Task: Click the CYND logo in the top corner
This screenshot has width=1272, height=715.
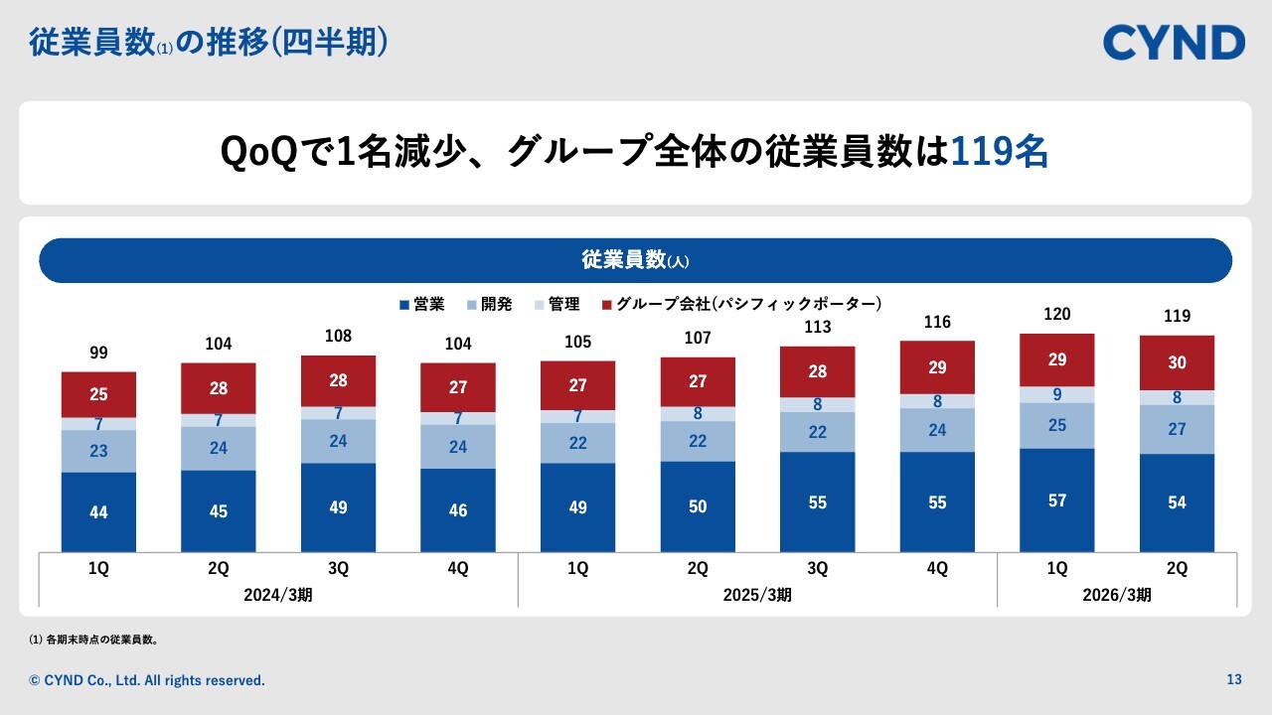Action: point(1174,43)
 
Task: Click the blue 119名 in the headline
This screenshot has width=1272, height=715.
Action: point(999,152)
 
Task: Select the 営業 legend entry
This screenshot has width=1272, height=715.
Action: point(421,304)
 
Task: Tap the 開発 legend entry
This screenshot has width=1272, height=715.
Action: point(488,304)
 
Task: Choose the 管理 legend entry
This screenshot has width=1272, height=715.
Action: point(556,304)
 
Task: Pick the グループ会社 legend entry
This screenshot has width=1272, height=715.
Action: point(740,304)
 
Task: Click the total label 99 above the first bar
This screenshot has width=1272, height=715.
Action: point(97,353)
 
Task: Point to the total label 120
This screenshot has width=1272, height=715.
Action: point(1056,314)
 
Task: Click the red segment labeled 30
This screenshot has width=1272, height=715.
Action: point(1177,363)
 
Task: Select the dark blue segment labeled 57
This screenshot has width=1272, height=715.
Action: point(1056,500)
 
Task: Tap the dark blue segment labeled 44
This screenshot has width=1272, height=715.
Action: point(98,512)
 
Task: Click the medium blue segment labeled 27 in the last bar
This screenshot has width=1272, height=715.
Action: point(1177,430)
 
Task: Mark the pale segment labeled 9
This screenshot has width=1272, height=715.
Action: point(1056,394)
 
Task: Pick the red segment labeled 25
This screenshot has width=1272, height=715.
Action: point(98,394)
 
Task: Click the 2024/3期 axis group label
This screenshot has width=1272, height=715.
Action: point(278,595)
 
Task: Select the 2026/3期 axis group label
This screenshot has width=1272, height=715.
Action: point(1117,595)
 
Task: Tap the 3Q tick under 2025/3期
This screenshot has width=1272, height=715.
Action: point(817,569)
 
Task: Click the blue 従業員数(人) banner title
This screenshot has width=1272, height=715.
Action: point(635,260)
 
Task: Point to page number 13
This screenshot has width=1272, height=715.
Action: point(1234,680)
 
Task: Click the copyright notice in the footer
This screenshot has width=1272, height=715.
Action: point(147,680)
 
